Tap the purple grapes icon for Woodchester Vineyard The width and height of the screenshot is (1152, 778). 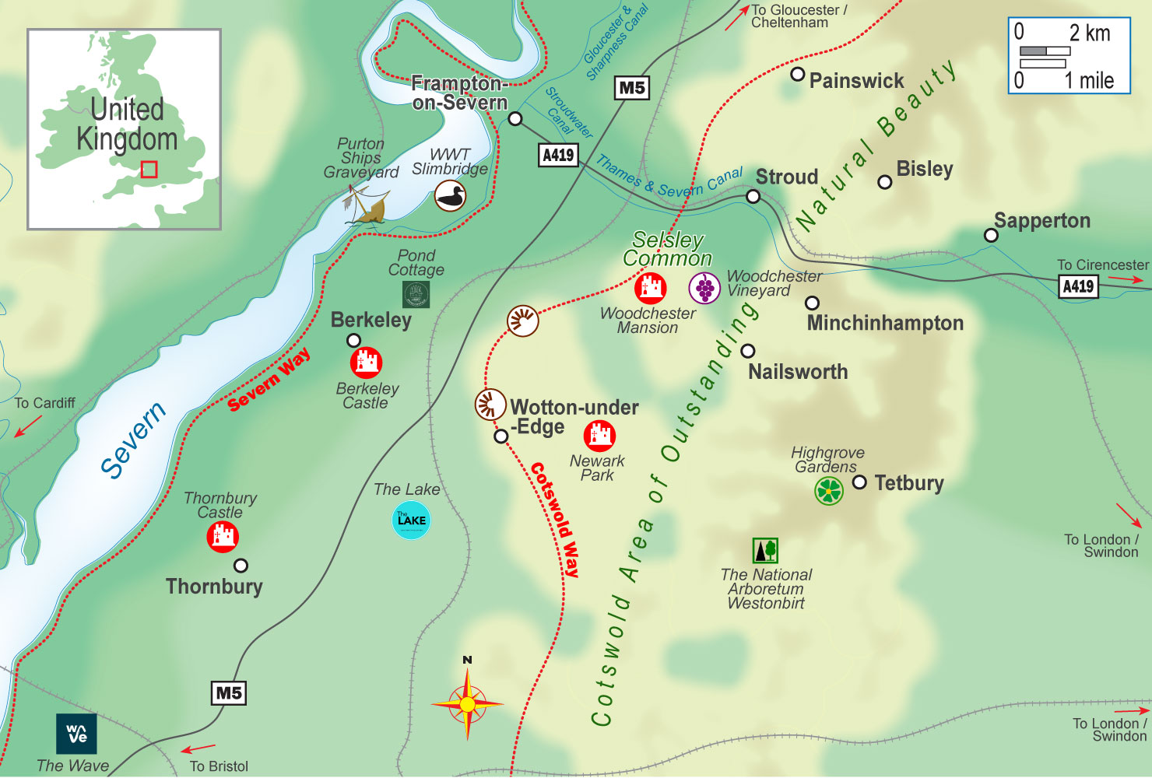click(704, 288)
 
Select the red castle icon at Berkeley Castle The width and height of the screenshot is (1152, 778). click(366, 363)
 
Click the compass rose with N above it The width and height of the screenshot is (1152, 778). click(467, 703)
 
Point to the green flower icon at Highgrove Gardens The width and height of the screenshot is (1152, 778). click(829, 491)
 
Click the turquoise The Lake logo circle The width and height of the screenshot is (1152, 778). click(411, 520)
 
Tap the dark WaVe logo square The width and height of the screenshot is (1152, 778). click(76, 734)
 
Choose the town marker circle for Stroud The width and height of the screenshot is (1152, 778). click(753, 197)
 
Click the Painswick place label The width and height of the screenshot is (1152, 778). click(856, 81)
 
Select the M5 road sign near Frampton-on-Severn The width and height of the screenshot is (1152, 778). click(632, 88)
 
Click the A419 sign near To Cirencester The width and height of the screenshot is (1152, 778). click(1078, 286)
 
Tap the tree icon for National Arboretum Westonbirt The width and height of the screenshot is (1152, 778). click(765, 550)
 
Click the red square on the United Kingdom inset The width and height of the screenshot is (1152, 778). click(149, 170)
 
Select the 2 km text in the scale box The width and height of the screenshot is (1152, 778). click(1089, 33)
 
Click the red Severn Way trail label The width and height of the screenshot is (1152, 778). click(269, 380)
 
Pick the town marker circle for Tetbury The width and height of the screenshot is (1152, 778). click(859, 482)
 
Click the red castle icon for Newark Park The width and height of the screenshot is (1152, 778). click(599, 436)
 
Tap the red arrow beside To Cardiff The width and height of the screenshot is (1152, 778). click(29, 426)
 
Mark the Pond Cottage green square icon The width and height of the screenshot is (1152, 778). click(416, 294)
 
